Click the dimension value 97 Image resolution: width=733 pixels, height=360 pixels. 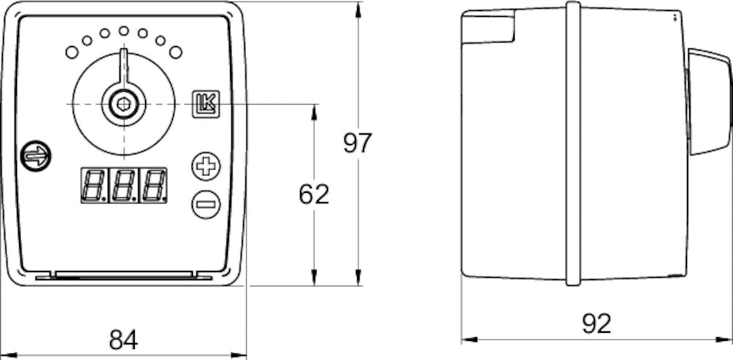pyautogui.click(x=358, y=142)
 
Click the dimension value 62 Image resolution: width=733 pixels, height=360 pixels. pyautogui.click(x=314, y=194)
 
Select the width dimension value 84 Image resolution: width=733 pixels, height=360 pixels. pyautogui.click(x=123, y=339)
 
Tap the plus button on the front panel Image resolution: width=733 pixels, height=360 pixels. pyautogui.click(x=206, y=165)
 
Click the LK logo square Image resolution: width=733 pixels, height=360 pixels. pyautogui.click(x=205, y=105)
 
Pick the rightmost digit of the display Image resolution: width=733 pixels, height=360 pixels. pyautogui.click(x=152, y=185)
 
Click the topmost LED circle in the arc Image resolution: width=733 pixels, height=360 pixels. pyautogui.click(x=123, y=31)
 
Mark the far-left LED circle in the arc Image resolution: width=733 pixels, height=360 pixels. pyautogui.click(x=72, y=51)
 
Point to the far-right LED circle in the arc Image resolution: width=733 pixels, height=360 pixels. pyautogui.click(x=175, y=51)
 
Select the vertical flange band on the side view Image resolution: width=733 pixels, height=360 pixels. pyautogui.click(x=573, y=143)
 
